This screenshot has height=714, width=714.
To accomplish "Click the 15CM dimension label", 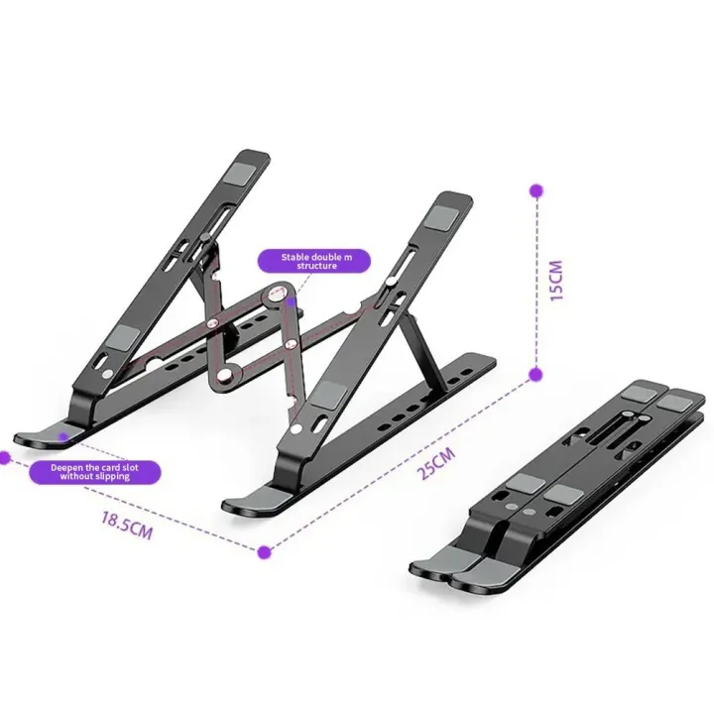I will [x=556, y=282].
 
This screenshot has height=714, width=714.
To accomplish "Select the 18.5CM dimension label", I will [x=126, y=524].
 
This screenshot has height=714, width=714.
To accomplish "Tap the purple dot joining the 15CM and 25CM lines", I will [x=535, y=374].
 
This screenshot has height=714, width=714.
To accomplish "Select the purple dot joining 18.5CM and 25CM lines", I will [x=265, y=550].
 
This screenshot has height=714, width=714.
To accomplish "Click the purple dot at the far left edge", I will [x=3, y=458].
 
